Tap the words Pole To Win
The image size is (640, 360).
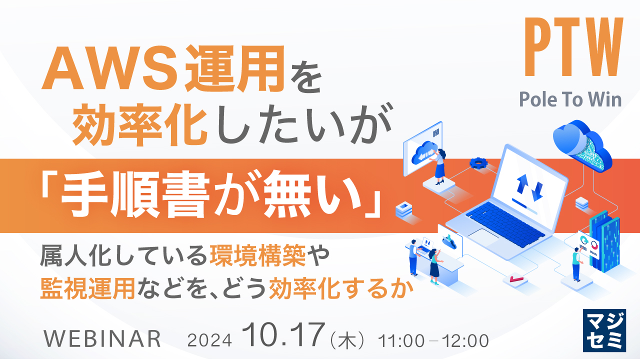coord(570,99)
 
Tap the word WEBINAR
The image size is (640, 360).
coord(102,339)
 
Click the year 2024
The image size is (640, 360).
coord(209,340)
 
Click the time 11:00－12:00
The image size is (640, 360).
coord(433,340)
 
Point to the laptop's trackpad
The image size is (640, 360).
coord(478,234)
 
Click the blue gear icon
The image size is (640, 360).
coord(478,162)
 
